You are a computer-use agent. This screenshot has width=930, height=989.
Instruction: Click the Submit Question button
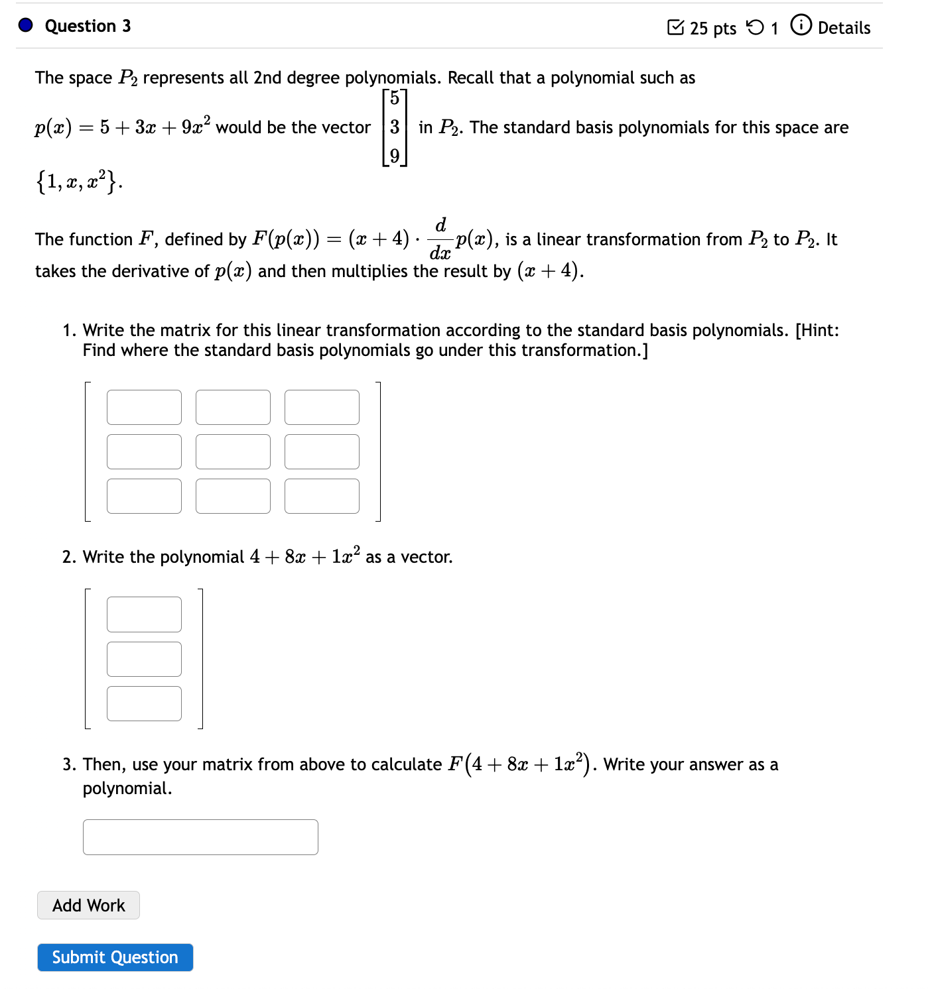115,957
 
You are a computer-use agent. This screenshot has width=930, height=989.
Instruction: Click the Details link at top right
844,28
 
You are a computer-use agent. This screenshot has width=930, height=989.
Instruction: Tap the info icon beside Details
801,26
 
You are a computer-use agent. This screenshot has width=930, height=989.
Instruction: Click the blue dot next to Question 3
26,25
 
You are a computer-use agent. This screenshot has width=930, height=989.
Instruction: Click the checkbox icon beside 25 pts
675,27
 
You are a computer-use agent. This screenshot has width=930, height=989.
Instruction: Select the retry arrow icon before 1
755,27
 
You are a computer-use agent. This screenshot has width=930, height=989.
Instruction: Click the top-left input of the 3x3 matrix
144,407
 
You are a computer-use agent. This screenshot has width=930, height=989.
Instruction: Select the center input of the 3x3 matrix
233,451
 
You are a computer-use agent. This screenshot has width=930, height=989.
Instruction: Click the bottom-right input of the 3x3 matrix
322,496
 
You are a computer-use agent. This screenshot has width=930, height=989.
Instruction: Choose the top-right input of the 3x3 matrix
322,407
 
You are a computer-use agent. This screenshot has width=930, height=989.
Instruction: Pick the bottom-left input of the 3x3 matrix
144,496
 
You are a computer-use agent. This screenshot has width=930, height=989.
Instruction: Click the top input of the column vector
144,614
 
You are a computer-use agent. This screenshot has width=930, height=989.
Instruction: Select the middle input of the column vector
144,659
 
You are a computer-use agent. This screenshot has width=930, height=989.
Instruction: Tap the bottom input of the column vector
144,703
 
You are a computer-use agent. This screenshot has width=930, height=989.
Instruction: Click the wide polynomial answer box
200,837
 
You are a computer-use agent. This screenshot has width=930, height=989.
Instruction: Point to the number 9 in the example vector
395,156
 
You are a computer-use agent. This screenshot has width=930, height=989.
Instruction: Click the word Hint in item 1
817,330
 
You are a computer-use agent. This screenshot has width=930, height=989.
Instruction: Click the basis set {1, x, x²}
78,181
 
